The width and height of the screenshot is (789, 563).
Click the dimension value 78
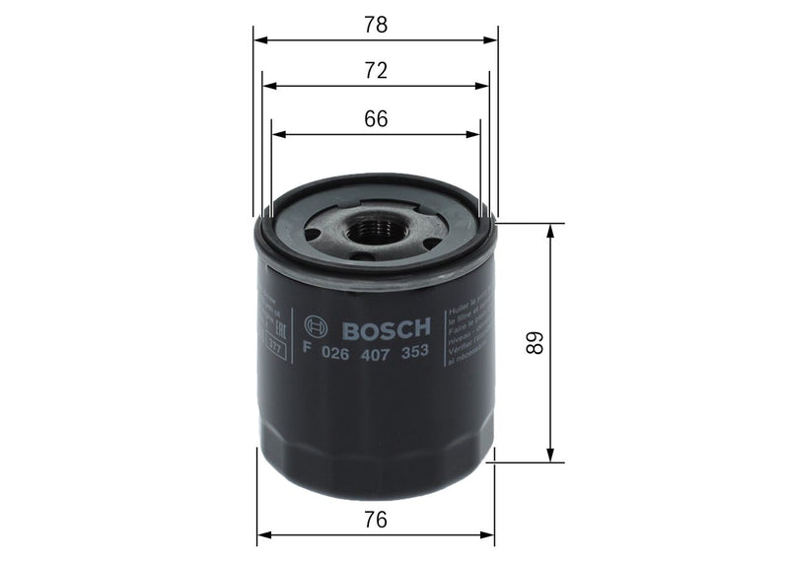(x=375, y=26)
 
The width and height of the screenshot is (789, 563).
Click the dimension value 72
(x=375, y=71)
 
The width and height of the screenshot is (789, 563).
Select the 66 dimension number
(x=375, y=118)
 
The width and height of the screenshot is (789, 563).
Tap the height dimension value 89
(x=534, y=342)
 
